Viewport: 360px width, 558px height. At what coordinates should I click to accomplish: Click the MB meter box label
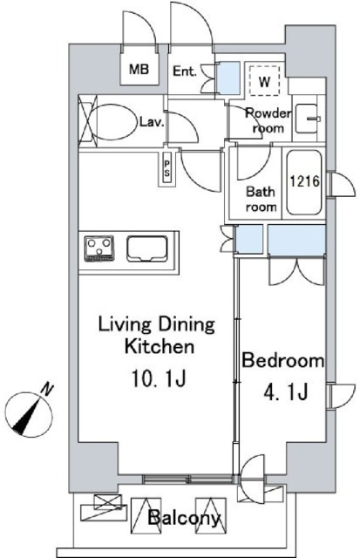pos(139,69)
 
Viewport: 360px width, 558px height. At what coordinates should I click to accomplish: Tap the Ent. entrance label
pos(185,71)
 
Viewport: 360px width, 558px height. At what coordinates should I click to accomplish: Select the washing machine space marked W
pos(264,80)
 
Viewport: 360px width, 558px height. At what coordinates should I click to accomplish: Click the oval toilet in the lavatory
pos(114,122)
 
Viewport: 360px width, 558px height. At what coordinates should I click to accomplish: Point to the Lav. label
pos(152,123)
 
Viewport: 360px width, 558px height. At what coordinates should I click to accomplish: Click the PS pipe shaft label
pos(166,169)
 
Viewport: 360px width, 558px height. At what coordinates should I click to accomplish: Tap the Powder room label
pos(268,120)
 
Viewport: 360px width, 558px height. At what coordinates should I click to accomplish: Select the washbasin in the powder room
pos(308,119)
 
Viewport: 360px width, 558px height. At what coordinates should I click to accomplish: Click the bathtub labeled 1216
pos(304,182)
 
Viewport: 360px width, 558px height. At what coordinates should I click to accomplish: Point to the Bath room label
pos(261,200)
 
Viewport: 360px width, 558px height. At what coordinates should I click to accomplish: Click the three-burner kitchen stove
pos(99,248)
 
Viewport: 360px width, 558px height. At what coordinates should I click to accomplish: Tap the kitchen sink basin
pos(147,248)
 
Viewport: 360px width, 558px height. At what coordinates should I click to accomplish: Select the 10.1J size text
pos(159,378)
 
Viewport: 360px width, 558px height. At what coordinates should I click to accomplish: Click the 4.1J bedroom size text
pos(285,392)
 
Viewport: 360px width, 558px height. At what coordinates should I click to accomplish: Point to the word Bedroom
pos(282,360)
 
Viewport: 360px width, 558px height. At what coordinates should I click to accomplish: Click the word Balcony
pos(184,518)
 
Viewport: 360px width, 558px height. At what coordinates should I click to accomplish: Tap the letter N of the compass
pos(46,390)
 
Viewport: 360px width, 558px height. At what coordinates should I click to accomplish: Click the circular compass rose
pos(29,415)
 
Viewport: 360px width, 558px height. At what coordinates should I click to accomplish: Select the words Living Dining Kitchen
pos(157,336)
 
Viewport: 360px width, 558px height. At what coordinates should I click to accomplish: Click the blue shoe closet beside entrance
pos(228,78)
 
